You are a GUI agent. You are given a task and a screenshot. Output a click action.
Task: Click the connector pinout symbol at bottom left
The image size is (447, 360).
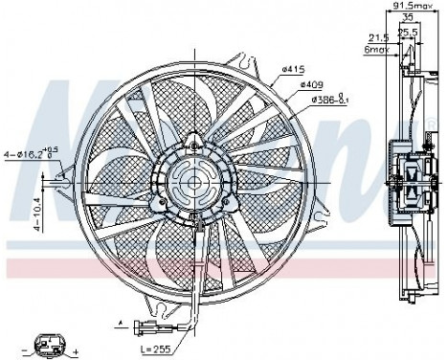coord(48,342)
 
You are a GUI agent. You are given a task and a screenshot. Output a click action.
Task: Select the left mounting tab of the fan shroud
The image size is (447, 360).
coord(65,174)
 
